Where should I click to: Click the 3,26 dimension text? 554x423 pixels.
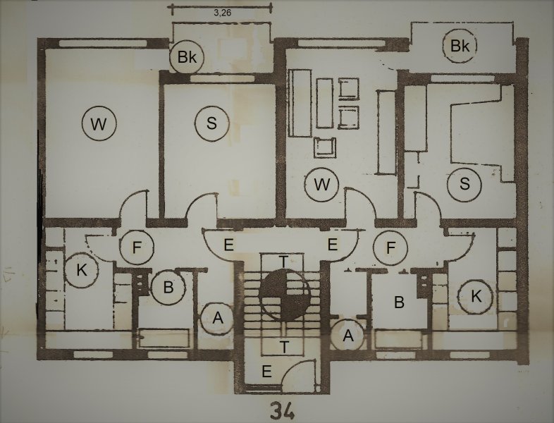coord(223,13)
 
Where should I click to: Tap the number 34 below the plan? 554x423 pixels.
coord(283,411)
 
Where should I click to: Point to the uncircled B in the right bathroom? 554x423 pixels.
coord(399,302)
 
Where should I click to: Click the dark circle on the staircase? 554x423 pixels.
coord(285,295)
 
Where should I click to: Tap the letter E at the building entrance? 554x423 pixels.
coord(266,372)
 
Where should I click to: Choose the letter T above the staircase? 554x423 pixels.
coord(284,262)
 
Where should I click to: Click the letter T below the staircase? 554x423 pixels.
coord(285,347)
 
